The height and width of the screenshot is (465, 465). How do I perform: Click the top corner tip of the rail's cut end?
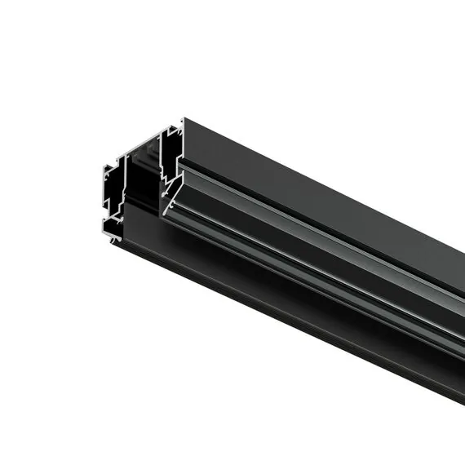183,119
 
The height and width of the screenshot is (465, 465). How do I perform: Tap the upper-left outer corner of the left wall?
106,168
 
